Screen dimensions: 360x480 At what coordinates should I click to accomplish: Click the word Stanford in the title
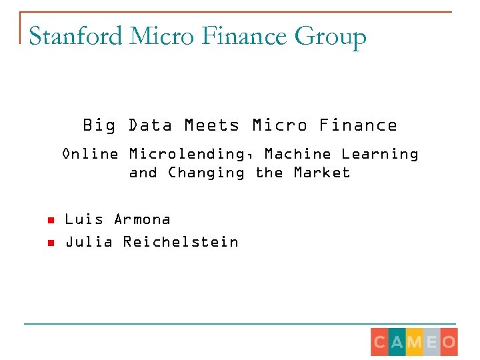75,36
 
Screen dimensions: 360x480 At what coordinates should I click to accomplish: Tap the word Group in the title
331,37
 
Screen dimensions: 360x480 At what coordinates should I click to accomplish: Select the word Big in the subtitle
99,125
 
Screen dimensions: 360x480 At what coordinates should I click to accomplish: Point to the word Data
151,125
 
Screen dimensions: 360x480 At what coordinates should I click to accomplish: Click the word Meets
211,125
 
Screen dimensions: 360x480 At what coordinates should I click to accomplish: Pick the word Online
90,154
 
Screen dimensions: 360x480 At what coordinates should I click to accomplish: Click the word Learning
380,155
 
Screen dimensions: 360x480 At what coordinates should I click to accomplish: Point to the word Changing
206,173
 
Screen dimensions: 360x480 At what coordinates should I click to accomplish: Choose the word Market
322,173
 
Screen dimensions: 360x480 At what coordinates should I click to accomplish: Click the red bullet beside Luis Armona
49,220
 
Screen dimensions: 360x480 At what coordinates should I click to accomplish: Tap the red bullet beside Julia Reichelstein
49,243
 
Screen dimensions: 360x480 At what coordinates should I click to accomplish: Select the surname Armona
142,219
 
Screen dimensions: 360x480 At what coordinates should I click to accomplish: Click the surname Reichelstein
181,242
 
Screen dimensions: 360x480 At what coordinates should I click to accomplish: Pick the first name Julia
85,242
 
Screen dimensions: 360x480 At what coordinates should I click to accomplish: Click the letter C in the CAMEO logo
379,343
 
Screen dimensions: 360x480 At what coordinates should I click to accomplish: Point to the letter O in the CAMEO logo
449,343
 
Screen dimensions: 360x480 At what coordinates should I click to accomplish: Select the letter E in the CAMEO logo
431,343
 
